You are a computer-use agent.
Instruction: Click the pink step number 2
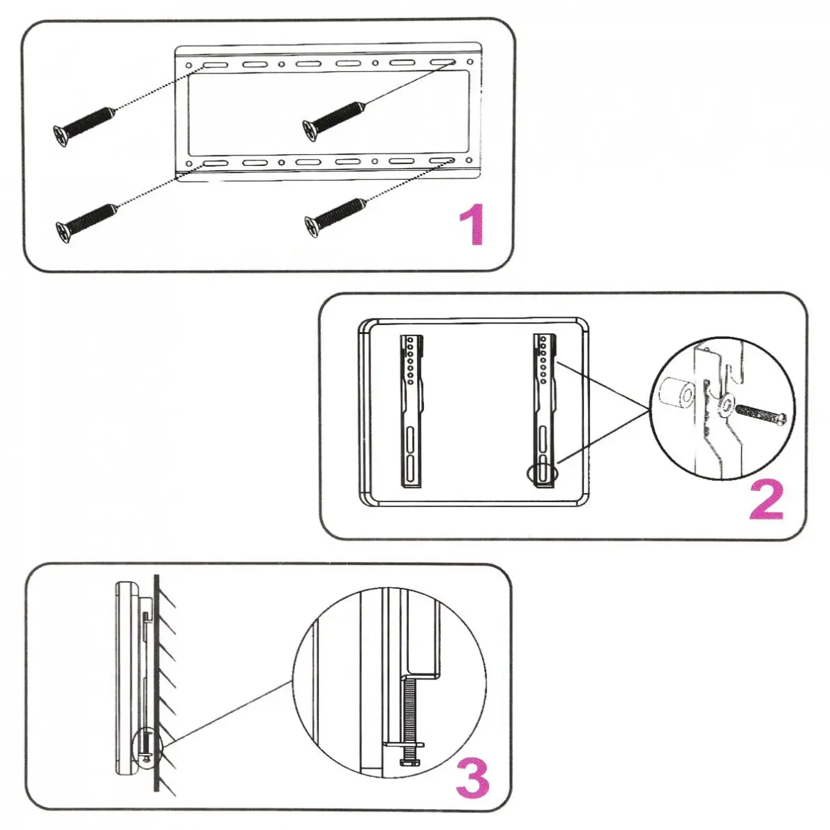tap(767, 499)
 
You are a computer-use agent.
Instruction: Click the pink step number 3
tap(473, 778)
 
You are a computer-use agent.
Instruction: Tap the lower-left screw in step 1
tap(85, 220)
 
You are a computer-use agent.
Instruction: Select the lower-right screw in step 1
tap(335, 215)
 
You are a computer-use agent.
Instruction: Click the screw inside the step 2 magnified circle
tap(762, 415)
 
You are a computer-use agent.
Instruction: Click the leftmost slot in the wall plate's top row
tap(214, 65)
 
